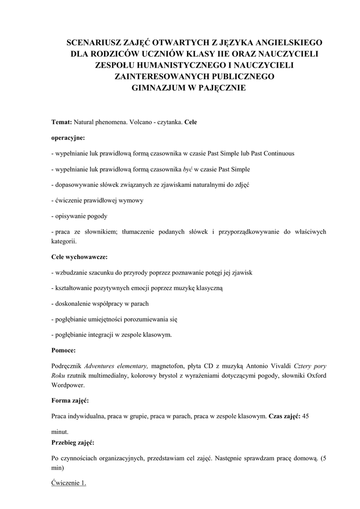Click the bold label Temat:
click(62, 122)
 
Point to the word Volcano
click(141, 122)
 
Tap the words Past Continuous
click(272, 153)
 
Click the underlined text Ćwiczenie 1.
click(69, 483)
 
